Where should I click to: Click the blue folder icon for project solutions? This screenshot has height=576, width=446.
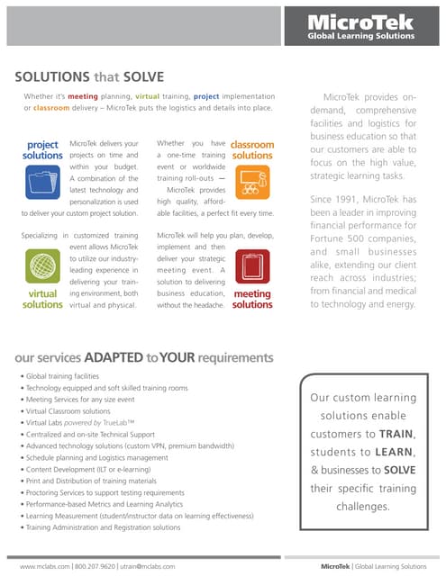tap(41, 184)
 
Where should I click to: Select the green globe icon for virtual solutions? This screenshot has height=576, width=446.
tap(41, 266)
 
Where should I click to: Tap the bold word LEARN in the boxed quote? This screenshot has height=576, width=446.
tap(389, 451)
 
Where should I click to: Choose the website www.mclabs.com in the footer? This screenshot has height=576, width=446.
tap(44, 566)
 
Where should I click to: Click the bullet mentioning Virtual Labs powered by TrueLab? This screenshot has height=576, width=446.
tap(81, 421)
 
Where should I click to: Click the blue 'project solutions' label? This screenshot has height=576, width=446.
tap(42, 149)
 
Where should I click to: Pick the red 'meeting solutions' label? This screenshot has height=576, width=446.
tap(252, 299)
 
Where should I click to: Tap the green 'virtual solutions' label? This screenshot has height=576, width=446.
tap(42, 299)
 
